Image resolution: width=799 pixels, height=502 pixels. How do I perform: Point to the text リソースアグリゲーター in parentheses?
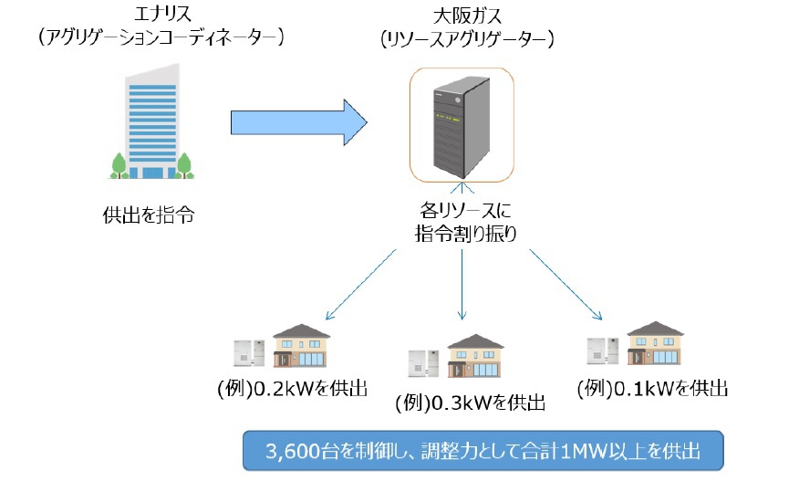[467, 39]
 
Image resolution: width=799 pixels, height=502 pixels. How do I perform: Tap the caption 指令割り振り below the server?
[464, 233]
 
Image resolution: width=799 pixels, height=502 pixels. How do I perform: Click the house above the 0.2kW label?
[301, 345]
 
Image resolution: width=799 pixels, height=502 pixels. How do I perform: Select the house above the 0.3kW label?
[474, 356]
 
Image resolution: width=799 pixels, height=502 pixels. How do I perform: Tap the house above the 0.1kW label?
[655, 343]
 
